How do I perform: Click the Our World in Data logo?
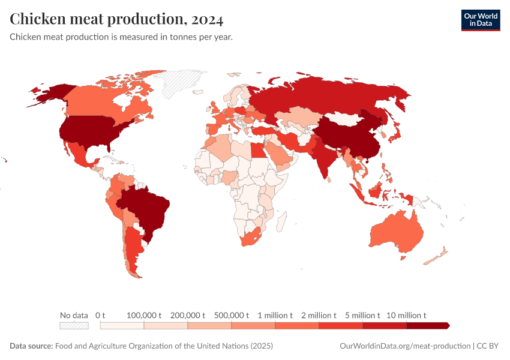[480, 20]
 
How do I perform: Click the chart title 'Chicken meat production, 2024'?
[116, 19]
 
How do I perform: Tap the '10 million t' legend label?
[406, 315]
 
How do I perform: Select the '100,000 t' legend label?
[144, 315]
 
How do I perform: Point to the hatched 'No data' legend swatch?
[74, 326]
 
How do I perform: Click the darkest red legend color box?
[427, 326]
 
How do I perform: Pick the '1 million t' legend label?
[275, 315]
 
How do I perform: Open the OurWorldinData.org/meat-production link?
[404, 346]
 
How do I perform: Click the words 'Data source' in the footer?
[31, 346]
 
